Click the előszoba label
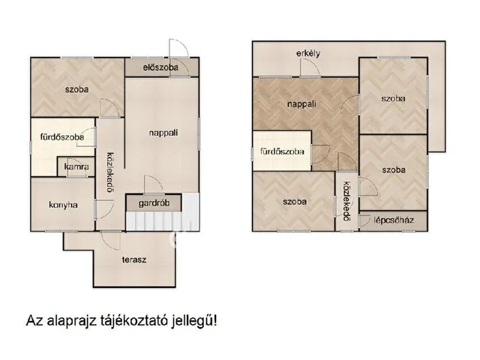[163, 67]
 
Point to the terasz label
[134, 259]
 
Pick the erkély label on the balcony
[308, 52]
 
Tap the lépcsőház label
[396, 221]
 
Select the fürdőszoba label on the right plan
[282, 151]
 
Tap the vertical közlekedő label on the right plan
[346, 202]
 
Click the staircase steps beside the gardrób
[163, 222]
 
